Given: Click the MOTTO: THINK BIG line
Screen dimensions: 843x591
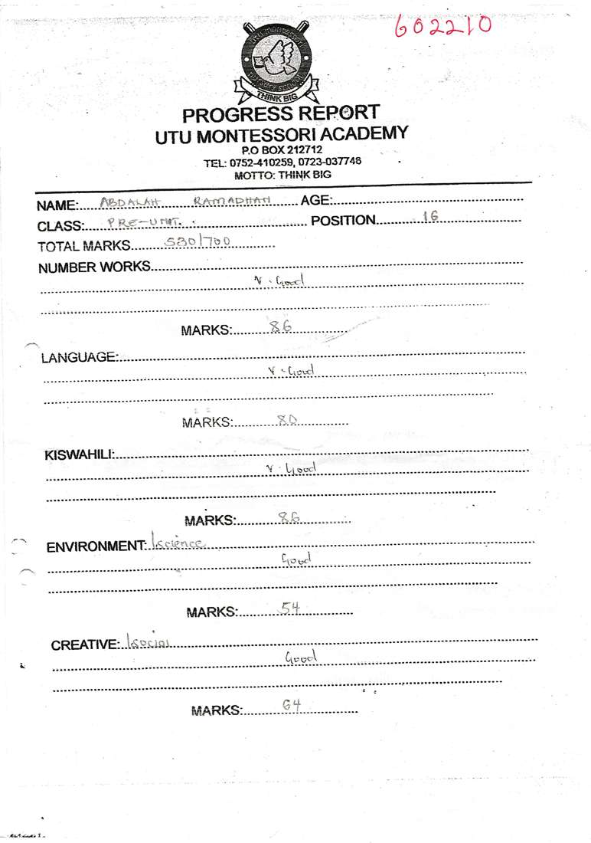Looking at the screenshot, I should (282, 175).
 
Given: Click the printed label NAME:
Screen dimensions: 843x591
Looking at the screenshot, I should (57, 205).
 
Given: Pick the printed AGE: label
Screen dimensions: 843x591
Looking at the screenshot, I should (316, 202).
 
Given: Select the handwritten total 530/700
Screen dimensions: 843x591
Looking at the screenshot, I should (198, 242).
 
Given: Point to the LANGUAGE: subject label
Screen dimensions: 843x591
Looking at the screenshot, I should (80, 358).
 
